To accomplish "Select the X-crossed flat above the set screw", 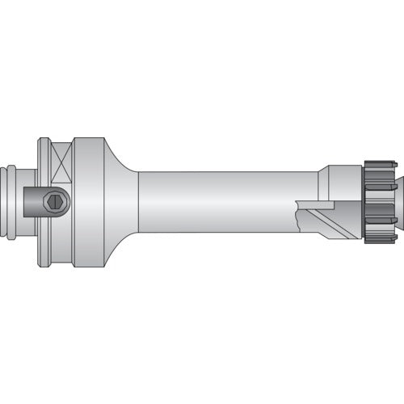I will coord(61,162).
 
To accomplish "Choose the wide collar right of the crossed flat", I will coord(87,202).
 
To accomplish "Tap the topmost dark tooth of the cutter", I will coord(380,165).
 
